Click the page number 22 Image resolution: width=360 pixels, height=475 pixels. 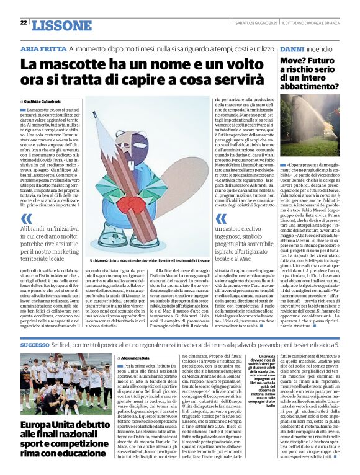tap(24, 22)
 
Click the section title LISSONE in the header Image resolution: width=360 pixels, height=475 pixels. tap(61, 25)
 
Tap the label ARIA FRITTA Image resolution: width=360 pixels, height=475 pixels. tap(43, 48)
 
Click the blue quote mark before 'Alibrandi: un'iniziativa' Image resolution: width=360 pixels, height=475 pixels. tap(26, 218)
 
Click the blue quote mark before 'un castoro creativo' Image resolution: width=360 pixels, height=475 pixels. tap(221, 218)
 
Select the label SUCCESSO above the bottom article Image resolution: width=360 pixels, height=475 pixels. tap(35, 345)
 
